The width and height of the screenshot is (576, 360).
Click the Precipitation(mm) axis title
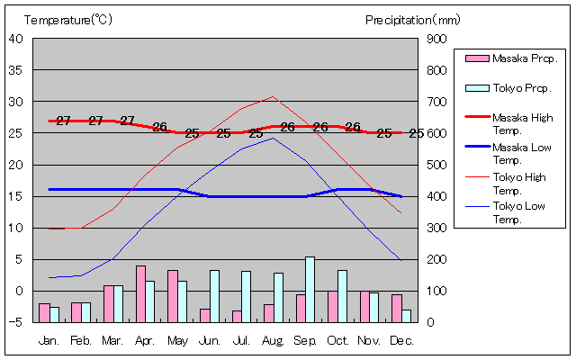point(413,19)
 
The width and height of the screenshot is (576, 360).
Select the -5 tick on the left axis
point(19,322)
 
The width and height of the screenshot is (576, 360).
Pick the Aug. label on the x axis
point(273,341)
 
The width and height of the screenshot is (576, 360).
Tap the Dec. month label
point(401,341)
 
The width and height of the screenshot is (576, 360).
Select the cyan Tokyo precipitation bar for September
point(310,289)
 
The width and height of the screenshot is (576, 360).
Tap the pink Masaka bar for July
point(237,316)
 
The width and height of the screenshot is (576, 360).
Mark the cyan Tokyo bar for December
point(407,316)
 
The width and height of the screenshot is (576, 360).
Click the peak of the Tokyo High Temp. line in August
point(273,96)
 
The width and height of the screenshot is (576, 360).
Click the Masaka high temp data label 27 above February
point(95,121)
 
